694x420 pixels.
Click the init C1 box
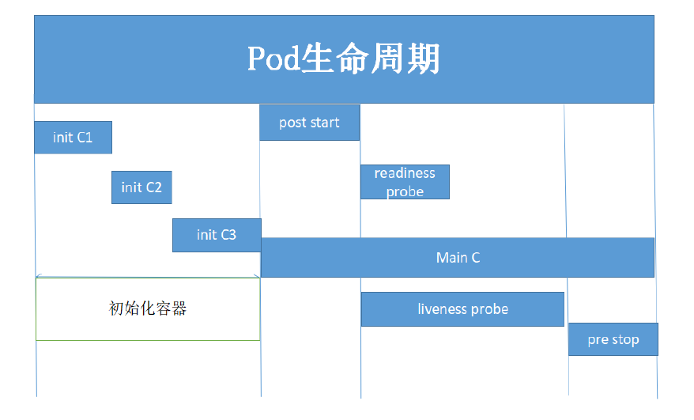(73, 138)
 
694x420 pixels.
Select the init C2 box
(141, 187)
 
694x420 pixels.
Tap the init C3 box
(217, 235)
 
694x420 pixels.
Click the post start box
(309, 123)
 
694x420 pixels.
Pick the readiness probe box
(405, 182)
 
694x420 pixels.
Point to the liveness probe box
(462, 309)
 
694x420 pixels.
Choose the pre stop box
(613, 340)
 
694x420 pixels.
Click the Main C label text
(458, 258)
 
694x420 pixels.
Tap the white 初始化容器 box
(148, 309)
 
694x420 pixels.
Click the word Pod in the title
(273, 59)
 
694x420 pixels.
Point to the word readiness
(405, 173)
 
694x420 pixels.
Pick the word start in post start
(324, 123)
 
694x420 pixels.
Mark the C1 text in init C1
(85, 138)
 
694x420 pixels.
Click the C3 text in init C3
(228, 235)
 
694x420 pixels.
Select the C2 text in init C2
(153, 187)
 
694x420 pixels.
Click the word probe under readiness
(405, 192)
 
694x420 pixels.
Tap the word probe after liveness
(490, 309)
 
